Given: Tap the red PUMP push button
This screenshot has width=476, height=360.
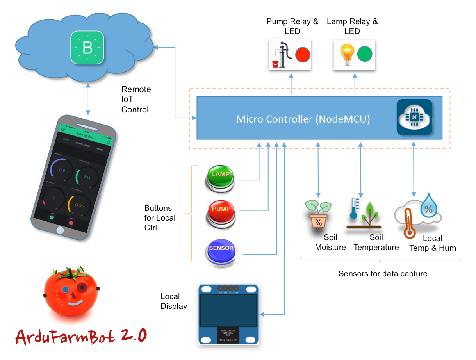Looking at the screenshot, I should click(221, 211).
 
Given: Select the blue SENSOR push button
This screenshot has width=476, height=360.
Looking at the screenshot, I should click(221, 250).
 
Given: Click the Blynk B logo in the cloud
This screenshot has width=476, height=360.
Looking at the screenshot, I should click(87, 48).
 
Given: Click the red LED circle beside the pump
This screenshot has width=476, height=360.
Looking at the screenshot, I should click(302, 54).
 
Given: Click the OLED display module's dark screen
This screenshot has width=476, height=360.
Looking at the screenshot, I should click(228, 310).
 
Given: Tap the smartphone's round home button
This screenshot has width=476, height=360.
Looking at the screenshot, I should click(60, 230).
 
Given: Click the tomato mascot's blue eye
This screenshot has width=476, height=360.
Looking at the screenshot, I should click(66, 290).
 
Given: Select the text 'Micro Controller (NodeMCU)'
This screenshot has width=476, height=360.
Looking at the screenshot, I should click(303, 119).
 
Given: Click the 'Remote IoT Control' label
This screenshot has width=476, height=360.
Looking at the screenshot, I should click(136, 100).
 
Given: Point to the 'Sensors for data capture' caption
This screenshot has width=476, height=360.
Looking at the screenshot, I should click(383, 274).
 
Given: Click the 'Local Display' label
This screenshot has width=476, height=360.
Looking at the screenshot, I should click(174, 301).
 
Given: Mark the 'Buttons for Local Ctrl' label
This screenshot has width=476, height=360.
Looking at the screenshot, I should click(160, 218).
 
